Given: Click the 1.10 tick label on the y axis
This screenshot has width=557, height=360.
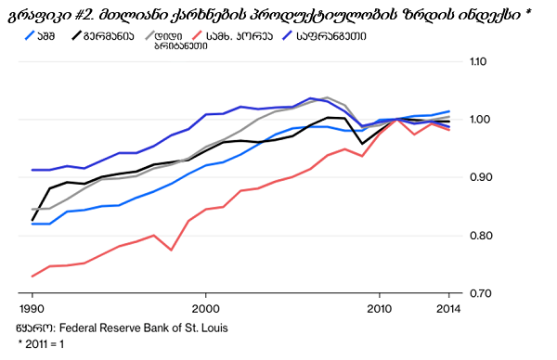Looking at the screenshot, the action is (478, 61).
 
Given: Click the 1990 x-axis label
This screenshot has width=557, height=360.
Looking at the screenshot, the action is (32, 309).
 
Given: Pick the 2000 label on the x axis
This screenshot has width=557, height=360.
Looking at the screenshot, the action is (206, 309).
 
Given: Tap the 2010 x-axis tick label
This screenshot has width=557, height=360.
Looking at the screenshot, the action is (380, 309).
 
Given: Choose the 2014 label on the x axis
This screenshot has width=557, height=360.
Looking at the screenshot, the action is (448, 309).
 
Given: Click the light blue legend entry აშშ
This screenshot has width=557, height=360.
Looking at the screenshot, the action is (40, 36).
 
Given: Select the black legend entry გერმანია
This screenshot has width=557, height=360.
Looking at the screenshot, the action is (103, 36).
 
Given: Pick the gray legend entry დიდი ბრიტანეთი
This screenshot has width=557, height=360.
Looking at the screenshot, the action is (176, 41).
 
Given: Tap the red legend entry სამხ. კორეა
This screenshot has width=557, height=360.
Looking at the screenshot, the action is (232, 36).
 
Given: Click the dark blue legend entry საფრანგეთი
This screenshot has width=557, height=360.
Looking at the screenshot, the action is (324, 36).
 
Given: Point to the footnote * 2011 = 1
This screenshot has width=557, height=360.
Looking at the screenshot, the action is (41, 344).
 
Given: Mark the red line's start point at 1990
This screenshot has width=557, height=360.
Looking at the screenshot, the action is (32, 276).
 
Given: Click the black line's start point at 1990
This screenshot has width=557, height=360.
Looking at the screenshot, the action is (32, 221).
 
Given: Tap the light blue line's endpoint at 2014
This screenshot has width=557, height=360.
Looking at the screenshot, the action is (449, 111).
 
